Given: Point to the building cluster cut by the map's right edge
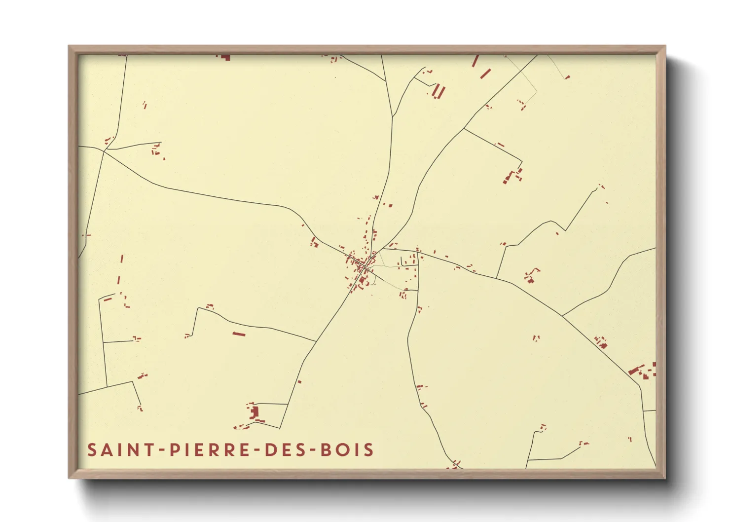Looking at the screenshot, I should (644, 371).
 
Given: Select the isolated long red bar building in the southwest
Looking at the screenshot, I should (239, 334).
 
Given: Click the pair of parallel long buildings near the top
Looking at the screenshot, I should (438, 92).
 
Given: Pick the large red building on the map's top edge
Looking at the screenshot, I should (225, 57).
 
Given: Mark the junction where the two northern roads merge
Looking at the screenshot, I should (392, 117).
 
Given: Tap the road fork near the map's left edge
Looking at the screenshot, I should (105, 150).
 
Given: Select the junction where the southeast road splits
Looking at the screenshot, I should (562, 315).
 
